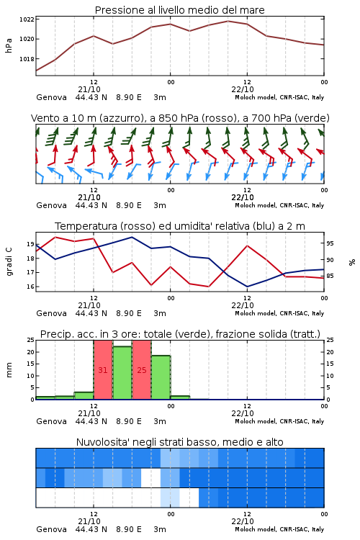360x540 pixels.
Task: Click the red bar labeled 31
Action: pyautogui.click(x=103, y=370)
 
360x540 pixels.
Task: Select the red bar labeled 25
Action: pyautogui.click(x=142, y=370)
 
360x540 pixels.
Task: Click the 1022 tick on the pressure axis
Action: pyautogui.click(x=27, y=19)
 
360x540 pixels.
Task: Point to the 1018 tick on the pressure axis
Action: pyautogui.click(x=27, y=59)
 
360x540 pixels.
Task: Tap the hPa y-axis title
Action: pyautogui.click(x=9, y=45)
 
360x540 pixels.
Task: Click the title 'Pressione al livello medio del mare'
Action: pyautogui.click(x=180, y=10)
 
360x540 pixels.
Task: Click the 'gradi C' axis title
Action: pyautogui.click(x=9, y=262)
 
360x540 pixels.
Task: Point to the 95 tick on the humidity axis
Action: pyautogui.click(x=330, y=243)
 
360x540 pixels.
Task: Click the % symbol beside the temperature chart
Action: pyautogui.click(x=352, y=262)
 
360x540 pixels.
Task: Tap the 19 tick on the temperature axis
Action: pyautogui.click(x=31, y=244)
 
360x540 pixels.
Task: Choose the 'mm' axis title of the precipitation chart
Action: pyautogui.click(x=9, y=370)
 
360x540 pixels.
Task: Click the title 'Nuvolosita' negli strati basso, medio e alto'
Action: pyautogui.click(x=180, y=442)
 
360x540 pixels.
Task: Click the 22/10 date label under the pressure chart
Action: pyautogui.click(x=243, y=89)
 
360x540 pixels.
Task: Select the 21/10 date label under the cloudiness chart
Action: pyautogui.click(x=89, y=521)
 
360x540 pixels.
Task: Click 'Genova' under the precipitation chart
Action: pyautogui.click(x=51, y=421)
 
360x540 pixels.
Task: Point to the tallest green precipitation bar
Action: pyautogui.click(x=122, y=373)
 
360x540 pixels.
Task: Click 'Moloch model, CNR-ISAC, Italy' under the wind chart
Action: pyautogui.click(x=279, y=205)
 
